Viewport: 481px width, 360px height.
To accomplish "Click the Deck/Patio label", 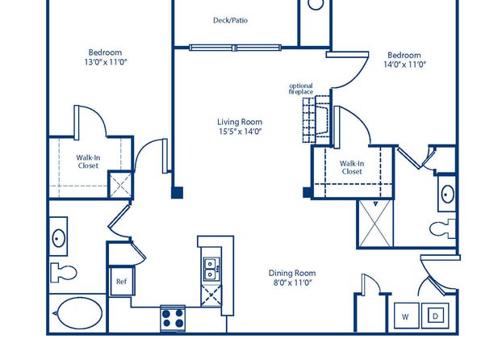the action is (x=230, y=20).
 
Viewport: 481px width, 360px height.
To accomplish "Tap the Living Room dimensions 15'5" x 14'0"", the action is (x=240, y=132).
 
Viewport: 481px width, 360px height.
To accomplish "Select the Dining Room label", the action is (x=292, y=273).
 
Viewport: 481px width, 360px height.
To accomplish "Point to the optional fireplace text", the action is (x=301, y=89).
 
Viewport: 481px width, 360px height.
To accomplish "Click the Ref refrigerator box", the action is (x=122, y=282).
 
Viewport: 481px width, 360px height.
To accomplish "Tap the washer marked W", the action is (x=406, y=316).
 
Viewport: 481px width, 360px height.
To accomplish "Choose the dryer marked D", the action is (x=435, y=316).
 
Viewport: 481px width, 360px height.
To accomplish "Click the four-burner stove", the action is (x=173, y=318).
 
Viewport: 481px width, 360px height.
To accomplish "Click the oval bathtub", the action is (x=80, y=313).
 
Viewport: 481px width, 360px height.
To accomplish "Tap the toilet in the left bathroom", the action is (x=63, y=272).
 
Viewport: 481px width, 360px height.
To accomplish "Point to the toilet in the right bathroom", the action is (x=442, y=228).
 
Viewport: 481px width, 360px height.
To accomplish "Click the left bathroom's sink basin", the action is (x=58, y=238).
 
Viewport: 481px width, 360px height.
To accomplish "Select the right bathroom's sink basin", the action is (x=448, y=195).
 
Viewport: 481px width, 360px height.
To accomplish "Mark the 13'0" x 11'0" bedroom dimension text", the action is (x=106, y=62).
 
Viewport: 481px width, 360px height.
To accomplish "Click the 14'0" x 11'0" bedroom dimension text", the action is (x=404, y=65).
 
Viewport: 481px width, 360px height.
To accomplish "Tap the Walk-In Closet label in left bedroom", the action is (x=88, y=161).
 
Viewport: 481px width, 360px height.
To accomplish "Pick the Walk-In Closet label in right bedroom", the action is (x=352, y=168).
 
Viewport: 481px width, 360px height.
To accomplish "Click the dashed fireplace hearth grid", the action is (x=309, y=120).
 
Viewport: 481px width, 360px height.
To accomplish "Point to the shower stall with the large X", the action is (x=376, y=224).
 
